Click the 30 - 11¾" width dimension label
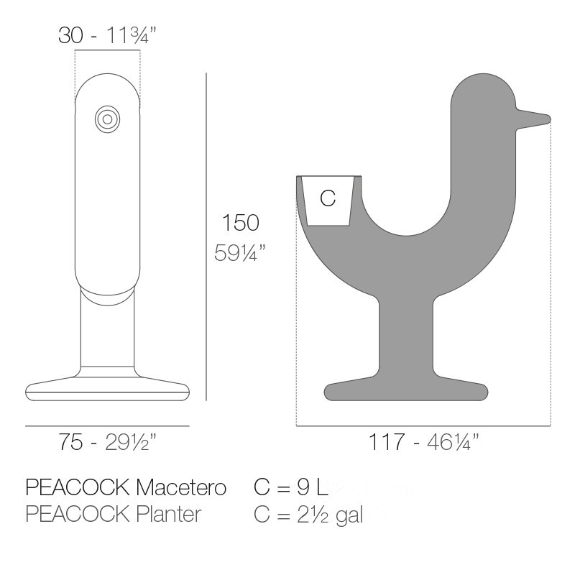108,36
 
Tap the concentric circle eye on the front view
108,119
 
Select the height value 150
240,223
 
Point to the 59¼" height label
240,253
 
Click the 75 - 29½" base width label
108,443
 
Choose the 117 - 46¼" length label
424,443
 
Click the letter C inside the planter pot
328,199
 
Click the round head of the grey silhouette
482,104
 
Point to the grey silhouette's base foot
406,390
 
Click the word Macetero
181,488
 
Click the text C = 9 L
291,488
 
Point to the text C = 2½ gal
309,515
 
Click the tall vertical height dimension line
206,237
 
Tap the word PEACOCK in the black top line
78,488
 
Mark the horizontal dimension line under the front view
108,426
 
